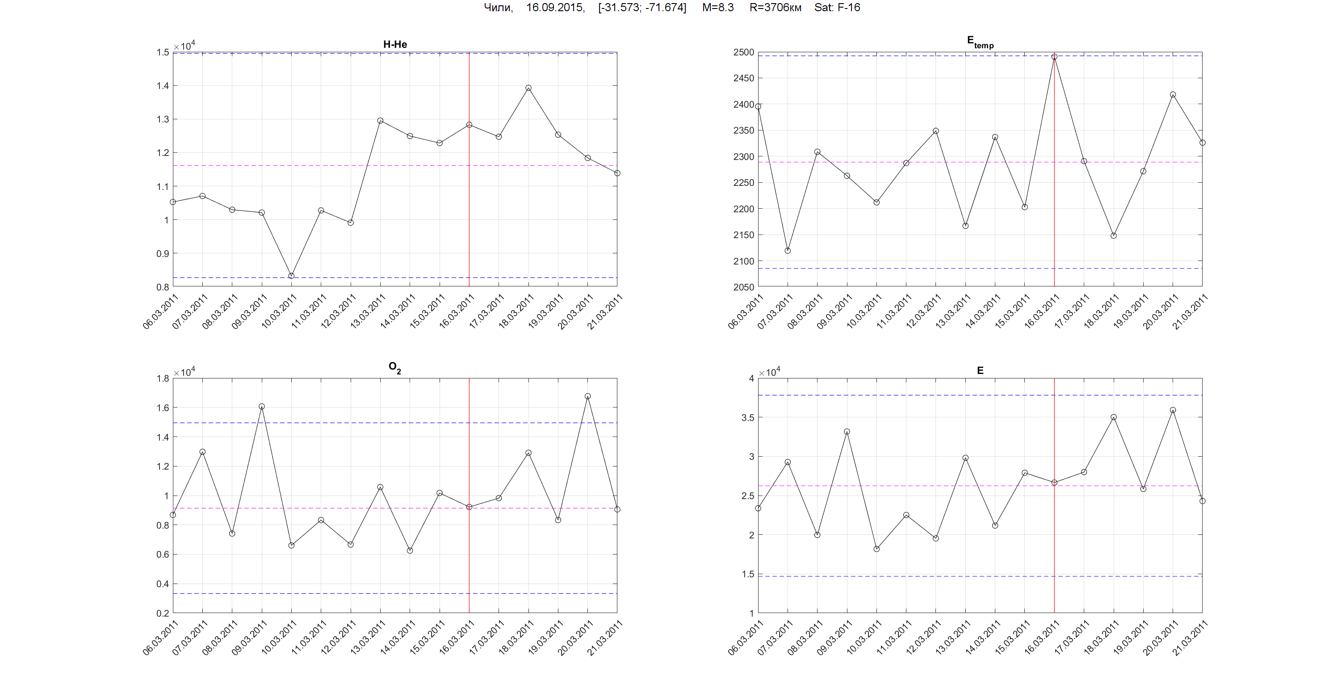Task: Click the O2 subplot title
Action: point(394,367)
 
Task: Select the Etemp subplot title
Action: point(980,42)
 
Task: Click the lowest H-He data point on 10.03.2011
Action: point(292,276)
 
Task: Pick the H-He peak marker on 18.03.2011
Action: point(528,88)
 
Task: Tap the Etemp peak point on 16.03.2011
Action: point(1055,57)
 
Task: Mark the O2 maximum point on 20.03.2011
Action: point(587,396)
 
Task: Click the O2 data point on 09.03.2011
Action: point(262,406)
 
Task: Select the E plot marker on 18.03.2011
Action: point(1114,417)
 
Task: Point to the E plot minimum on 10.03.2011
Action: point(876,549)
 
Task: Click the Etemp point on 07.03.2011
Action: point(788,251)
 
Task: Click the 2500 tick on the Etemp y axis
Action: point(743,52)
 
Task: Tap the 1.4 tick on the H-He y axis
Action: point(163,86)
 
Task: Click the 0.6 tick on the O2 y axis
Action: point(163,555)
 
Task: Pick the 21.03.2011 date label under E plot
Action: point(1190,638)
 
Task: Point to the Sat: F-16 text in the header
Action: point(837,7)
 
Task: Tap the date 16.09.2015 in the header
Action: point(555,7)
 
